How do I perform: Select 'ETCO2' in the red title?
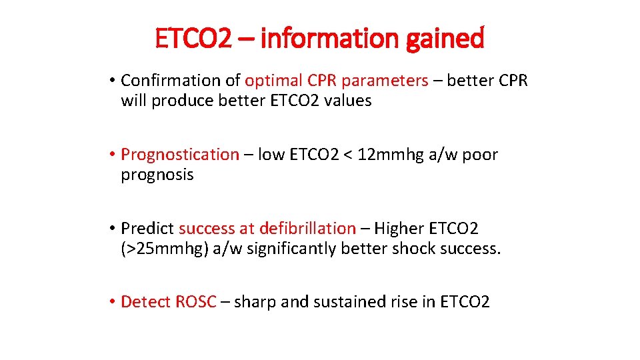[193, 39]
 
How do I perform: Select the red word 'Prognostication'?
[179, 155]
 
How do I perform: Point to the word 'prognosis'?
[157, 175]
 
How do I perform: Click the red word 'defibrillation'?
[307, 228]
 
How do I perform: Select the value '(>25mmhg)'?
[164, 249]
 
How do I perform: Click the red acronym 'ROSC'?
[196, 302]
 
